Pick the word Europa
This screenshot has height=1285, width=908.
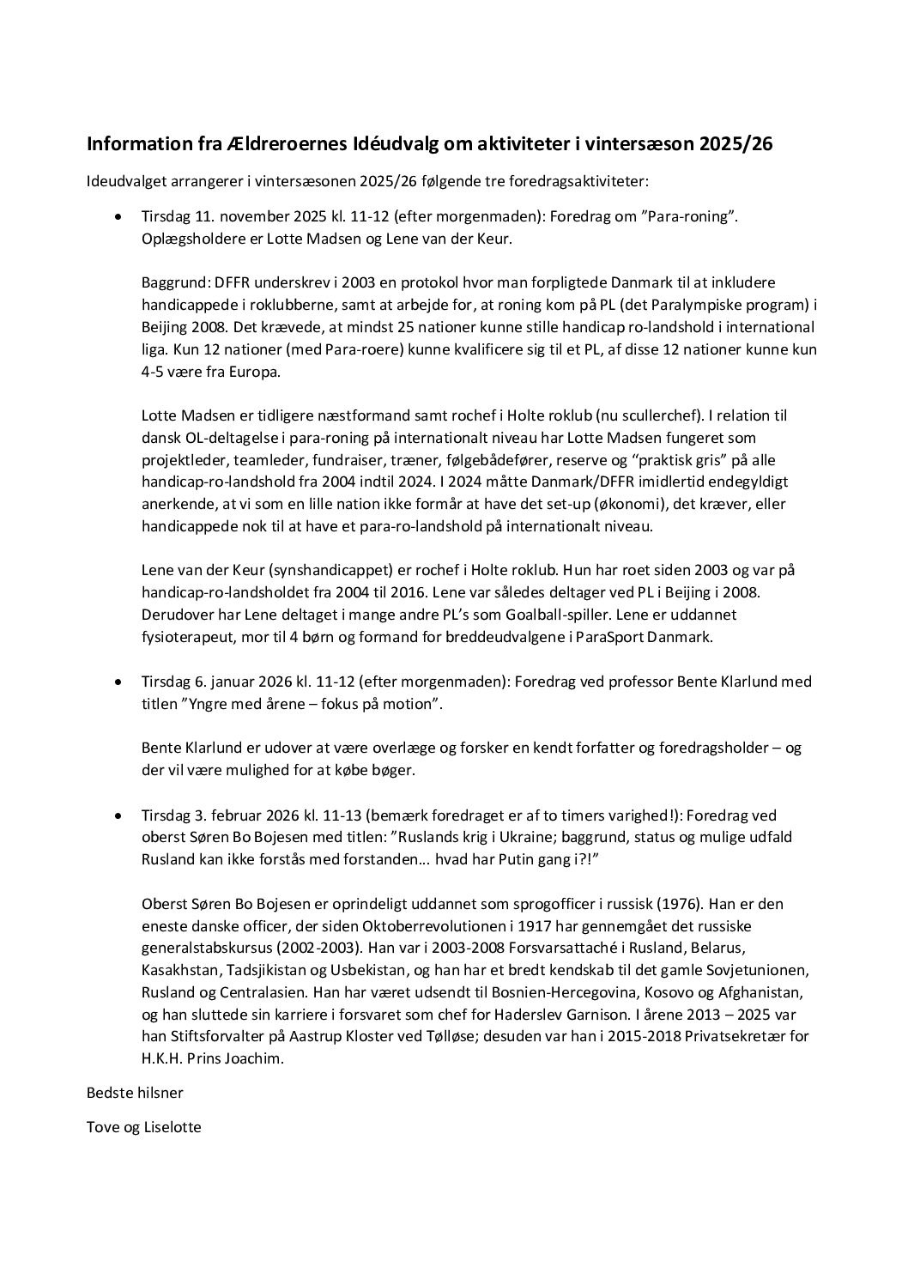point(251,372)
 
